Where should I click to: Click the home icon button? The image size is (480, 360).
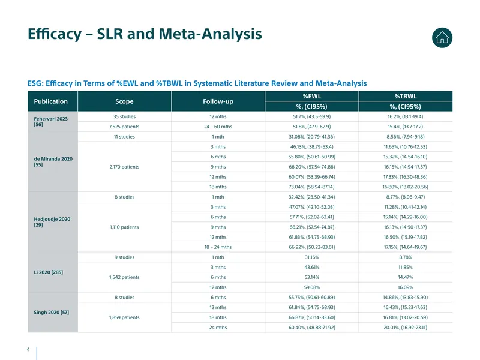[442, 38]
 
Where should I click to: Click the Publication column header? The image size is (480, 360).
[51, 101]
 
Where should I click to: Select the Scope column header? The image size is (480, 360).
[124, 101]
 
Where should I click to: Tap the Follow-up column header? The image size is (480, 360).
[218, 101]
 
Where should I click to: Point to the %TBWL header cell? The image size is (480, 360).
[406, 96]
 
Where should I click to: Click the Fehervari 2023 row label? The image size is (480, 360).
[51, 122]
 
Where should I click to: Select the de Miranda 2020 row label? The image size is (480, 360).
[53, 161]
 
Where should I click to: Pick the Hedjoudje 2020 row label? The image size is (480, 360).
[52, 222]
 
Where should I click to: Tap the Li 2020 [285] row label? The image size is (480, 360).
[49, 272]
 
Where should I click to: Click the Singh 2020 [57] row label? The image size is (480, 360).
[52, 312]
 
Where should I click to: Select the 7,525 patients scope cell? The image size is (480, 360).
[124, 127]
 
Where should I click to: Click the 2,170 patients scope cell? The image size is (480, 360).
[124, 167]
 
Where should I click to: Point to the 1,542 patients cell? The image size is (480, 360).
[124, 277]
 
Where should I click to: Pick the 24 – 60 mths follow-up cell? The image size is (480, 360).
[218, 127]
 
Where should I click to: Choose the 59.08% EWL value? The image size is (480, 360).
[311, 287]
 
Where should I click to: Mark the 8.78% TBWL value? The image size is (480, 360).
[406, 257]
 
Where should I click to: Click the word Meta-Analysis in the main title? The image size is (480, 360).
[211, 34]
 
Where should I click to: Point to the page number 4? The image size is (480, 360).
[28, 349]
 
